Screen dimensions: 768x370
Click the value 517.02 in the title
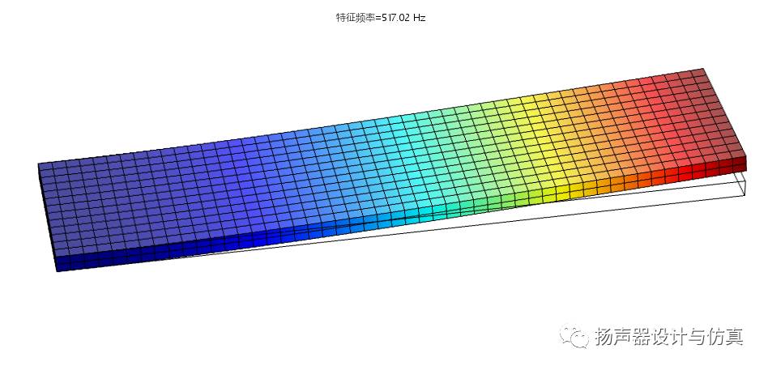395,18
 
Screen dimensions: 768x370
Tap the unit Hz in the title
420,18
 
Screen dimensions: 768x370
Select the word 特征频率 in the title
355,18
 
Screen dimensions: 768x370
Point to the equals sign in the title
378,18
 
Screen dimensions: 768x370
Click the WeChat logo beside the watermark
575,336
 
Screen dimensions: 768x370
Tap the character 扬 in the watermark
604,337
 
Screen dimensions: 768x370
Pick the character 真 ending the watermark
734,337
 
